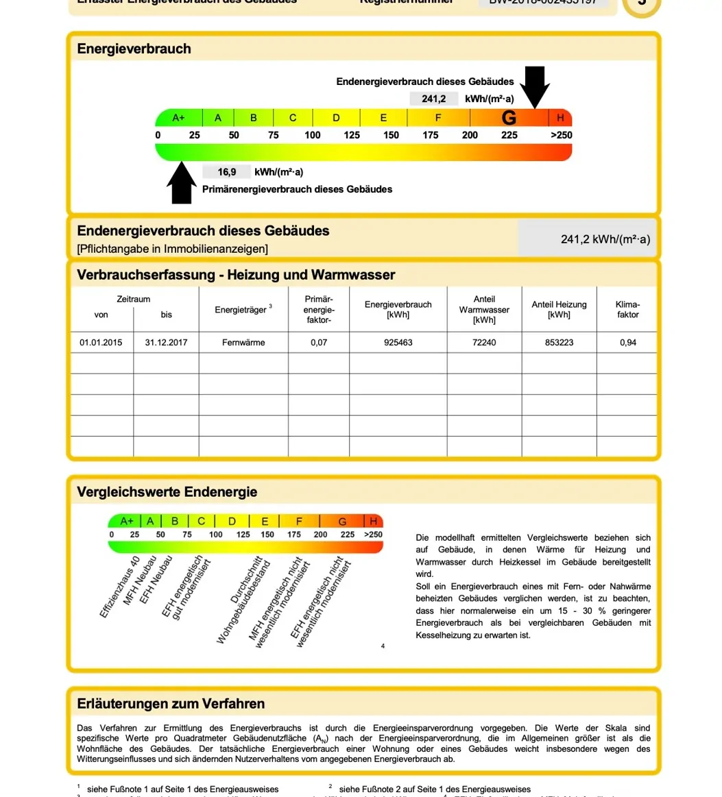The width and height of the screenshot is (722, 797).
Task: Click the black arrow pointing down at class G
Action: pyautogui.click(x=535, y=86)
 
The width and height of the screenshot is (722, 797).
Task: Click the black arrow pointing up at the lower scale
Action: pyautogui.click(x=182, y=183)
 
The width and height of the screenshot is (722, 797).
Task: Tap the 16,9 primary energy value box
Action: pyautogui.click(x=227, y=172)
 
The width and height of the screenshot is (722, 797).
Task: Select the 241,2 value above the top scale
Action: pyautogui.click(x=433, y=99)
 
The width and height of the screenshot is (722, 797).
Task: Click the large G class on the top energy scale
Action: pyautogui.click(x=509, y=118)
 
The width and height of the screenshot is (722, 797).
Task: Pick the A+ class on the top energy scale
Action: pyautogui.click(x=178, y=118)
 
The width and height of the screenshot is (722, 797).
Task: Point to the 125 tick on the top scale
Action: pyautogui.click(x=352, y=135)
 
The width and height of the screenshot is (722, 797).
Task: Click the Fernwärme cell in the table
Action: pyautogui.click(x=243, y=343)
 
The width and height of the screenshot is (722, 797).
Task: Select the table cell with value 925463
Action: pyautogui.click(x=398, y=343)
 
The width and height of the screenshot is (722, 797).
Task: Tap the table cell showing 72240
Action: pyautogui.click(x=484, y=343)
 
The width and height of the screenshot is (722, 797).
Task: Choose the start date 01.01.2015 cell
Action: pyautogui.click(x=101, y=343)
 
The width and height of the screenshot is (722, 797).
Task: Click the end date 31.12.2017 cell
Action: pyautogui.click(x=166, y=343)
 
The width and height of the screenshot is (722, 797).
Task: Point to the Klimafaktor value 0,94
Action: pyautogui.click(x=627, y=343)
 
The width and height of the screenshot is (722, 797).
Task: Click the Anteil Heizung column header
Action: pyautogui.click(x=559, y=310)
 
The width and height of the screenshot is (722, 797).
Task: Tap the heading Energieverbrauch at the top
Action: pyautogui.click(x=134, y=49)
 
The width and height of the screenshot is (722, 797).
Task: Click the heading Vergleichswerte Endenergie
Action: pyautogui.click(x=167, y=492)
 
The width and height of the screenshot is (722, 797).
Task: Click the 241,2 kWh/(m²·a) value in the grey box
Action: pyautogui.click(x=605, y=239)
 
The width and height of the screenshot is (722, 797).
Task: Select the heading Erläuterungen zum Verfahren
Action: pyautogui.click(x=171, y=704)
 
